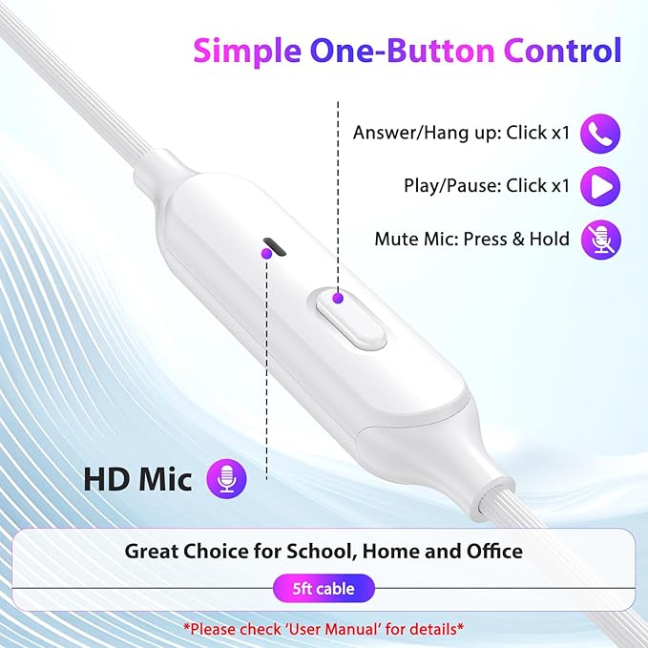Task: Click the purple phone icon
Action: point(601,134)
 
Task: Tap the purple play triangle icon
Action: point(601,186)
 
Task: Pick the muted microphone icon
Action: point(601,239)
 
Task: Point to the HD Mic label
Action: point(137,479)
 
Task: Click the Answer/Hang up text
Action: point(461,134)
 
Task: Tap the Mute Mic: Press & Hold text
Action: point(471,239)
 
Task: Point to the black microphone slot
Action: point(276,247)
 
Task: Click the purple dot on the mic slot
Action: point(266,253)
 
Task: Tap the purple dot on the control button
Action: point(337,299)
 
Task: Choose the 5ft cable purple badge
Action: point(324,589)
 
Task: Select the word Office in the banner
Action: point(489,552)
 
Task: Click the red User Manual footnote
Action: point(324,629)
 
